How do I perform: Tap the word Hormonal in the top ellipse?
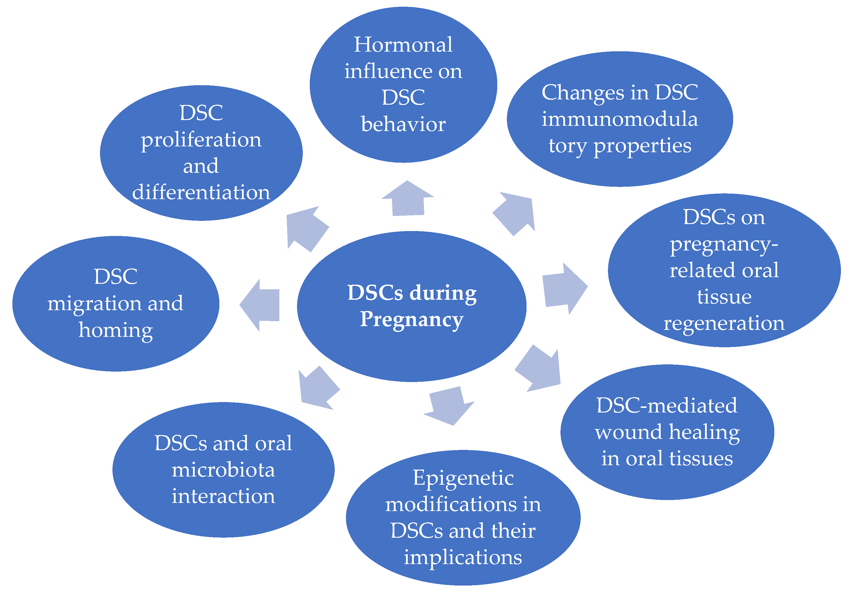(x=403, y=45)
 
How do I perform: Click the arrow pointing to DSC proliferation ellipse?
(x=306, y=229)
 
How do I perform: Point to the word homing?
(x=116, y=330)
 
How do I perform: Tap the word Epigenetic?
(x=463, y=478)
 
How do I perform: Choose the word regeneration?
(x=724, y=323)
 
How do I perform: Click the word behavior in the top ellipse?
(x=403, y=124)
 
